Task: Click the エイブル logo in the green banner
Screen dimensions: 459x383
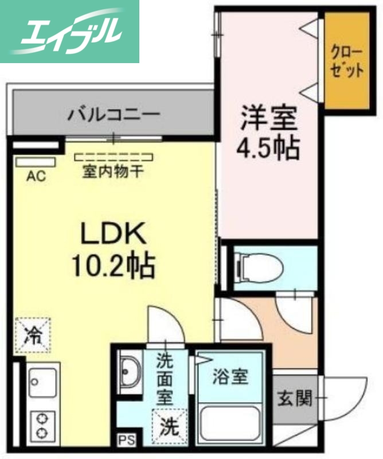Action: pyautogui.click(x=70, y=32)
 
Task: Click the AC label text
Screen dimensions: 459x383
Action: pyautogui.click(x=36, y=177)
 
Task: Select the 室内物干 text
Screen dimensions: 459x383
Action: pyautogui.click(x=113, y=172)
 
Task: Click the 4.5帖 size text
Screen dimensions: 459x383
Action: pyautogui.click(x=268, y=149)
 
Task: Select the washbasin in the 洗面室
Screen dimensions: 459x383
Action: pyautogui.click(x=131, y=374)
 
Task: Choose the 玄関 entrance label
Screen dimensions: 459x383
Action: pyautogui.click(x=294, y=397)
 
